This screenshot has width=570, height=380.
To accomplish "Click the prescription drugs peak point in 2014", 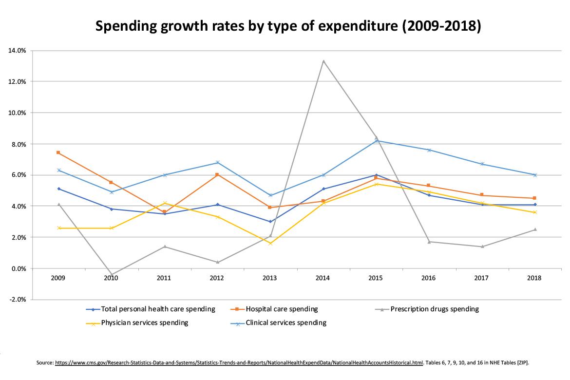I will coord(323,61).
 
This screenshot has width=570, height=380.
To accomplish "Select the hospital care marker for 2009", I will coord(58,152).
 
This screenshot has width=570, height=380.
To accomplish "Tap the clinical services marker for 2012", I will coord(217,162).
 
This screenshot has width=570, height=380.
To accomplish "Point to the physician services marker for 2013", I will coord(270,243).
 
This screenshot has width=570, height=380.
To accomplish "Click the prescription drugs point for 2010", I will coord(112,275).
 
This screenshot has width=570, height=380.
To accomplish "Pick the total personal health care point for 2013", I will coord(270,222).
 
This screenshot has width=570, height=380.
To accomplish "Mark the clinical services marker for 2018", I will coord(535,175).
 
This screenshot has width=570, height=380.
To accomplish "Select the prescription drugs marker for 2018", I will coord(535,229).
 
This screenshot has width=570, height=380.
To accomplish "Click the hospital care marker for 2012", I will coord(217,174).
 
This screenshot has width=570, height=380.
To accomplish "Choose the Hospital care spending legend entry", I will coord(282,309).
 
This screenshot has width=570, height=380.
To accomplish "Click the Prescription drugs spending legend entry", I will coord(435,309).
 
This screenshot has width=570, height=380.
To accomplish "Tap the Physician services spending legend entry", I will coord(144,323).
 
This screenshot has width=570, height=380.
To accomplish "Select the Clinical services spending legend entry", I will coord(286,323).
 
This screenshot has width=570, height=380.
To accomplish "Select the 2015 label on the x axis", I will coord(376,278).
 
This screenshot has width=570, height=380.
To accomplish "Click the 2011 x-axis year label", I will coord(164,278).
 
